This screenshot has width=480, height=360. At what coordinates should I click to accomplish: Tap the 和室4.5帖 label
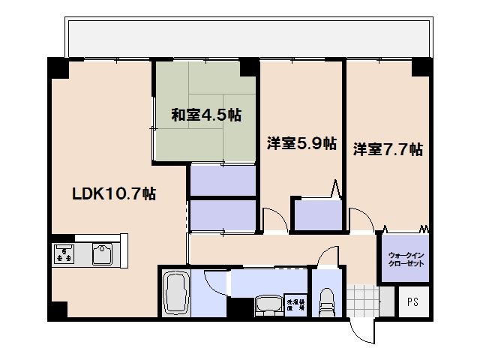point(205,115)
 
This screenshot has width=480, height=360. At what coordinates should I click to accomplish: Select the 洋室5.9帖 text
point(301,143)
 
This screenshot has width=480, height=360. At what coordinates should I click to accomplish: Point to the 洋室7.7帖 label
point(388,148)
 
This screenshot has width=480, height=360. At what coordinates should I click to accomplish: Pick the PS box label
point(412,304)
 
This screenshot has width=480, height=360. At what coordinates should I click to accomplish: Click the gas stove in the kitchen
point(64,254)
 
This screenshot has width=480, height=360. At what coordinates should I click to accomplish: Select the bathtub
point(178,293)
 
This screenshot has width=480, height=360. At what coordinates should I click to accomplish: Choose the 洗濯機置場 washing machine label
point(295,304)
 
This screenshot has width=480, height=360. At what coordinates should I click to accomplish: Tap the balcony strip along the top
point(247,37)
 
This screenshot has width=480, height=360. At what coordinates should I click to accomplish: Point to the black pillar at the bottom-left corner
point(59,310)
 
